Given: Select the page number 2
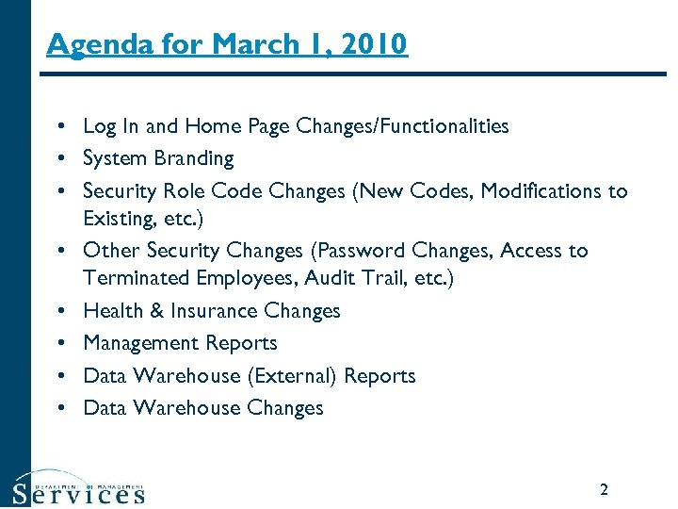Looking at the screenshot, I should coord(604,489).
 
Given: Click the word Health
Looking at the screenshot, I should coord(109,311).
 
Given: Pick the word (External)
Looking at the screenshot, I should coord(292,375).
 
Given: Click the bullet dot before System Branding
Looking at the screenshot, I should coord(59,159).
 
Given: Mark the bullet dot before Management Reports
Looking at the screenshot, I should coord(59,344).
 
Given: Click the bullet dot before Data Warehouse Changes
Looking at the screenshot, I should coord(59,408).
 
